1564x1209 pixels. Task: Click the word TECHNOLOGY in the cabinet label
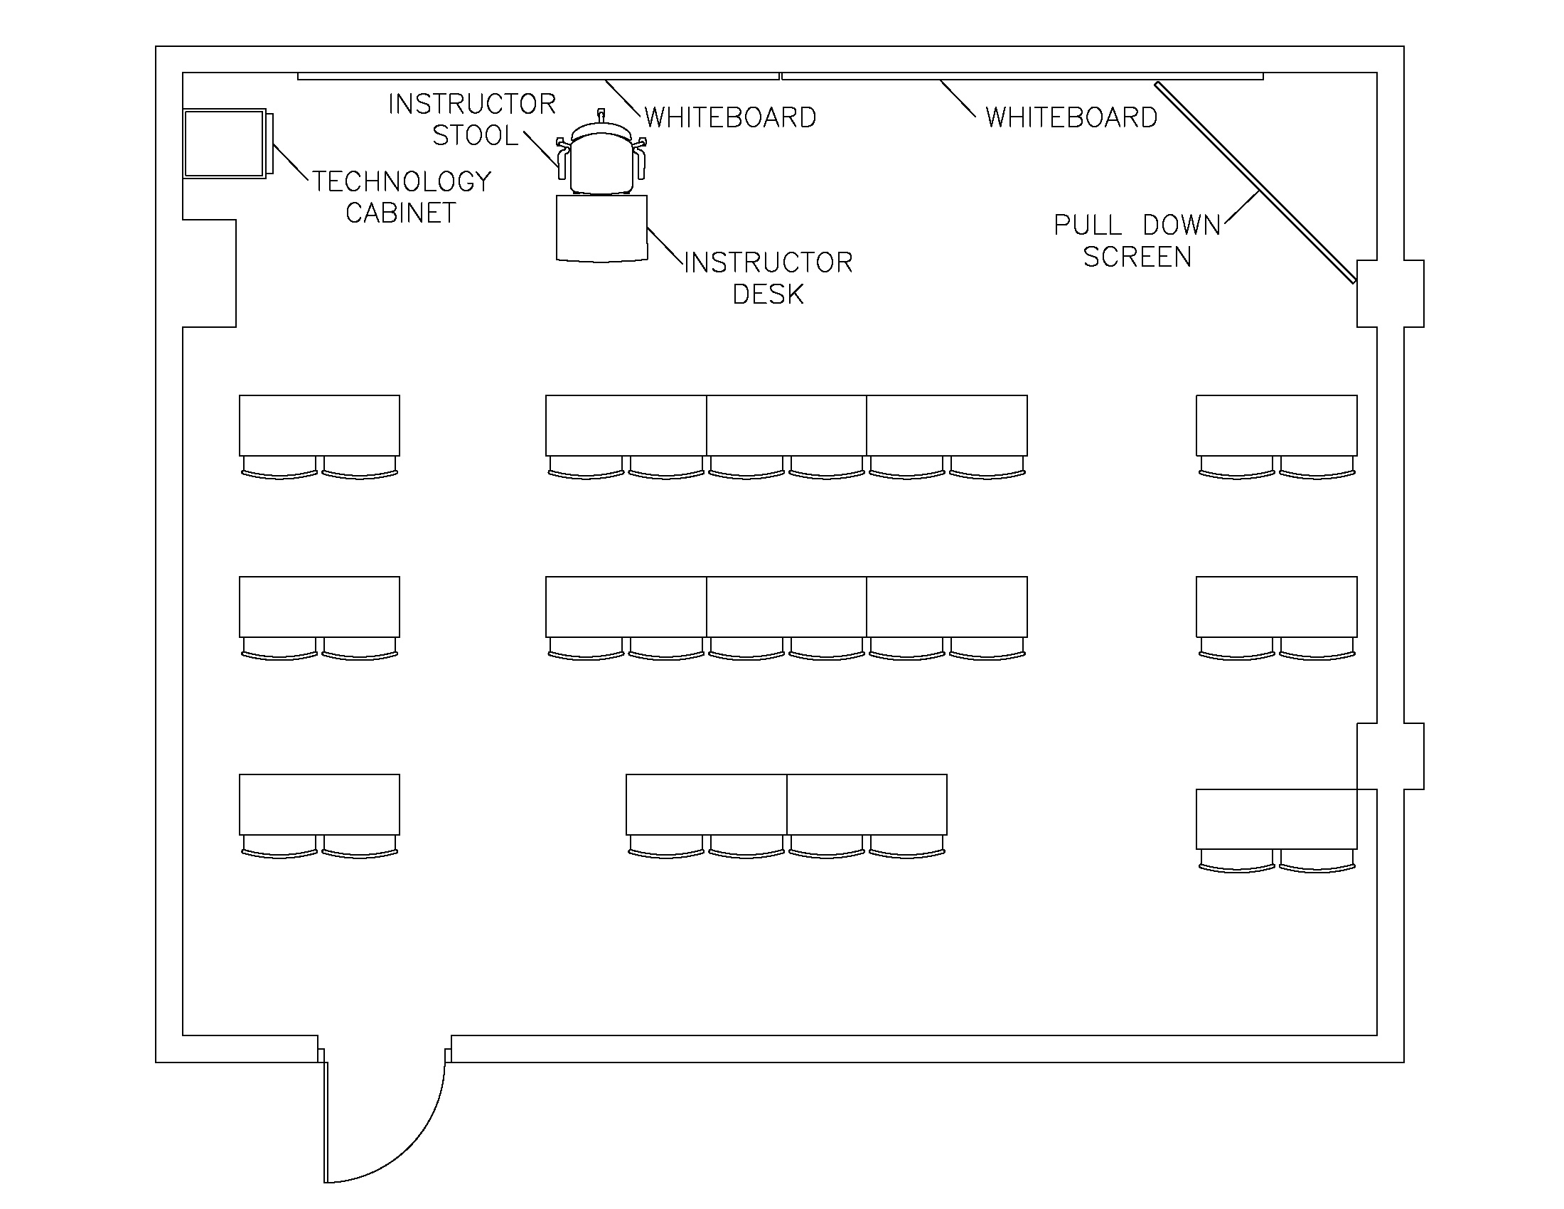pyautogui.click(x=401, y=181)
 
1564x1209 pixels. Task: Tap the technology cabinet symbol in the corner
pyautogui.click(x=225, y=143)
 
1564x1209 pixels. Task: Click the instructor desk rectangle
pyautogui.click(x=601, y=228)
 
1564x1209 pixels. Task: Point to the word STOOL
pyautogui.click(x=475, y=135)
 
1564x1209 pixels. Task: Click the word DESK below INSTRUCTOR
pyautogui.click(x=768, y=294)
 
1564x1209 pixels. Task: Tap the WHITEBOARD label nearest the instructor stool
pyautogui.click(x=729, y=117)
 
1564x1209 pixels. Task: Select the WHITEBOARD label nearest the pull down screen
pyautogui.click(x=1071, y=117)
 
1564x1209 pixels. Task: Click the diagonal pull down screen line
pyautogui.click(x=1253, y=183)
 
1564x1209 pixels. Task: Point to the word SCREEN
pyautogui.click(x=1137, y=257)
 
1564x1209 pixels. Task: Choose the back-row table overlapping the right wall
pyautogui.click(x=1276, y=819)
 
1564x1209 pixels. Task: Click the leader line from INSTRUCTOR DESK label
pyautogui.click(x=665, y=247)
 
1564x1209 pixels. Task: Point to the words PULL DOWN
pyautogui.click(x=1137, y=225)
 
